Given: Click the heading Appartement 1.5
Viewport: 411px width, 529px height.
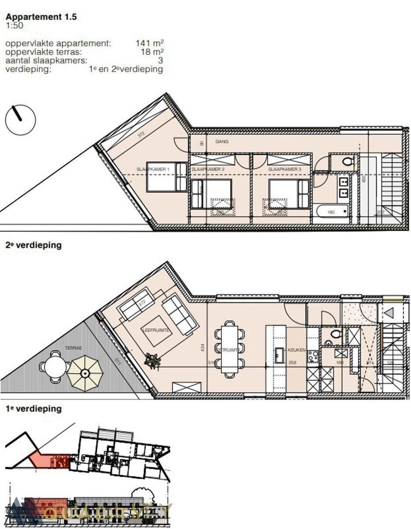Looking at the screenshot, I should pyautogui.click(x=41, y=17).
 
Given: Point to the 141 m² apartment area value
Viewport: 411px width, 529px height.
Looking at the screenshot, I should pyautogui.click(x=150, y=43).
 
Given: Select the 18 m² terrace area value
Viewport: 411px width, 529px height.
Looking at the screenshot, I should pyautogui.click(x=152, y=52).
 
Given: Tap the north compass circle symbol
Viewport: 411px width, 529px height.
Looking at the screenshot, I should pyautogui.click(x=21, y=120).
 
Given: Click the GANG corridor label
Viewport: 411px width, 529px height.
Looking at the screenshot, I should pyautogui.click(x=222, y=141).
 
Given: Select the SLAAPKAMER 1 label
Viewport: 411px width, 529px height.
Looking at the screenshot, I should pyautogui.click(x=153, y=169).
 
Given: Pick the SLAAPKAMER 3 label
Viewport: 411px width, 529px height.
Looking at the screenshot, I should pyautogui.click(x=285, y=169).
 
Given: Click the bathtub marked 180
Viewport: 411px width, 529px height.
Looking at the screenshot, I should pyautogui.click(x=332, y=212).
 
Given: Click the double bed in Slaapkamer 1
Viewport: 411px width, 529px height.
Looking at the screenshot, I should pyautogui.click(x=167, y=177).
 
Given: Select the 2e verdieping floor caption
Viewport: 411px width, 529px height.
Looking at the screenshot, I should pyautogui.click(x=33, y=245).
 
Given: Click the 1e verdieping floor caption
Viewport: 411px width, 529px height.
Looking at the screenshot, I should pyautogui.click(x=33, y=409).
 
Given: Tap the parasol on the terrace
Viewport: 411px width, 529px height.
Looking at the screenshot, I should pyautogui.click(x=85, y=373).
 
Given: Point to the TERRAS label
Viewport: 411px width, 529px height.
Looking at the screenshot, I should pyautogui.click(x=73, y=348).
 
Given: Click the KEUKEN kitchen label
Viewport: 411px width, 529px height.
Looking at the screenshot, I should pyautogui.click(x=296, y=350).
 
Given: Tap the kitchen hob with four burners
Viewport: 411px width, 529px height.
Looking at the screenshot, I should pyautogui.click(x=313, y=356).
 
